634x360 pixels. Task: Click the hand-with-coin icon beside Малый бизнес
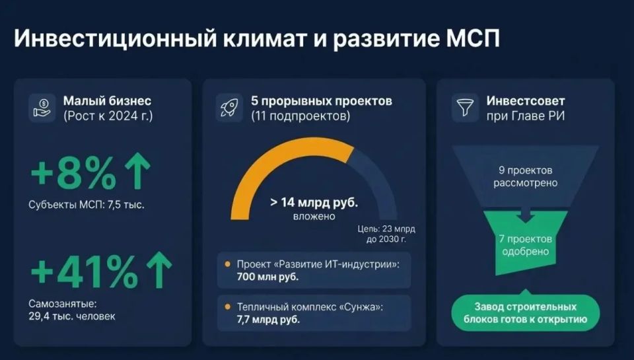(42, 108)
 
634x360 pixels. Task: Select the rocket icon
(229, 108)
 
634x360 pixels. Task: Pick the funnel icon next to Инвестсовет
(465, 108)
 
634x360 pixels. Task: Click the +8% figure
(73, 173)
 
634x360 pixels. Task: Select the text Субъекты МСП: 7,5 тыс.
(87, 204)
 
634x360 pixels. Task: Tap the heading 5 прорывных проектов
(321, 101)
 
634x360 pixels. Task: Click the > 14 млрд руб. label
(314, 202)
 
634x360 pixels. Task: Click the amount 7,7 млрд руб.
(267, 320)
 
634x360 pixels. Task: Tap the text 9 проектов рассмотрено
(525, 176)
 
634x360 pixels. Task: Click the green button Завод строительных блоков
(525, 314)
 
